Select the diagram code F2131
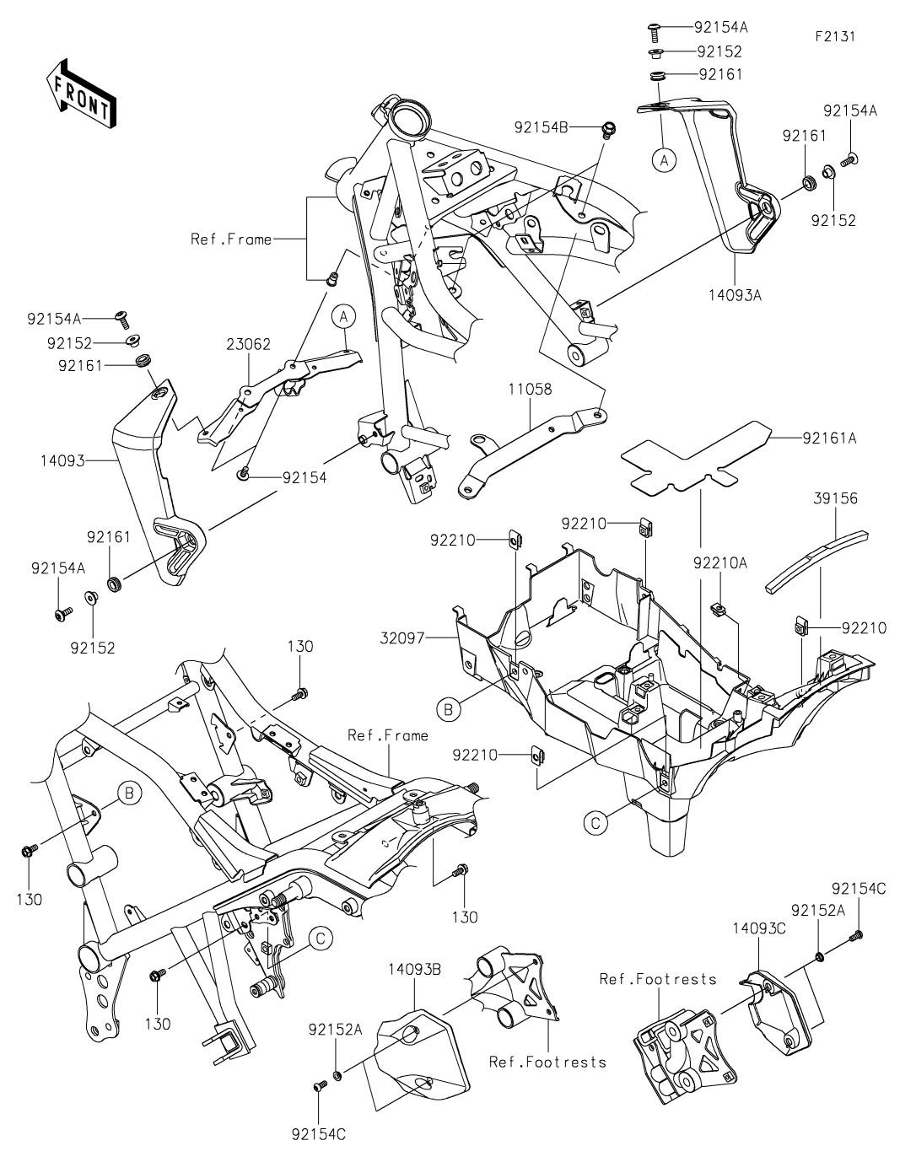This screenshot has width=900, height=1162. click(x=835, y=37)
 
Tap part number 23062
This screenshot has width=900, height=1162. click(x=247, y=345)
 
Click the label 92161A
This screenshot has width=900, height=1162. click(x=829, y=438)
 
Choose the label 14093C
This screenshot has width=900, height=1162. click(x=758, y=929)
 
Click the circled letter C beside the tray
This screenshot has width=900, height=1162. click(x=596, y=823)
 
